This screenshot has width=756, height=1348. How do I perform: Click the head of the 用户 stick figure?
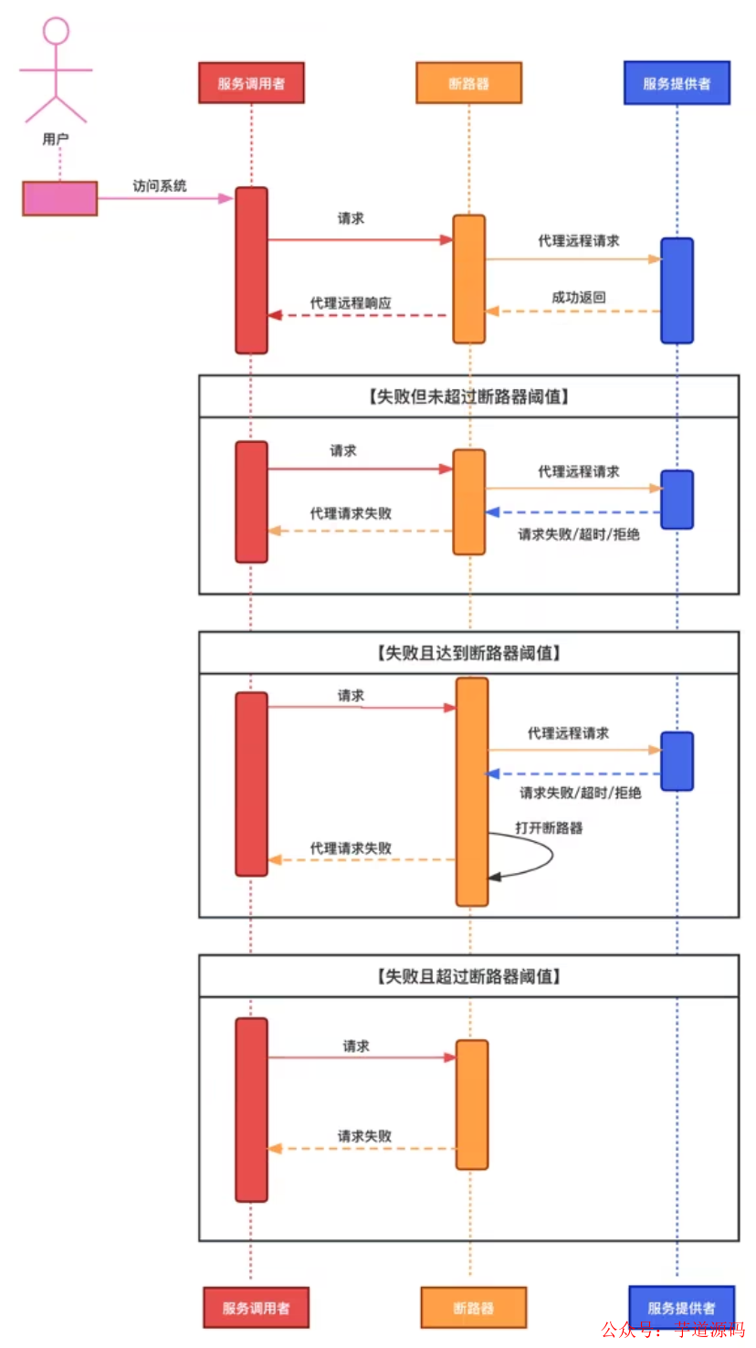[56, 31]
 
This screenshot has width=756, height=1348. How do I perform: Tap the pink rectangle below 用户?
[60, 198]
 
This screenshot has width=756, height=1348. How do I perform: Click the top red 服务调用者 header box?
[251, 83]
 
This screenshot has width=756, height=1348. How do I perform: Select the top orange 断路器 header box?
[468, 83]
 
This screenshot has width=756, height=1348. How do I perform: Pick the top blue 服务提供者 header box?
[677, 83]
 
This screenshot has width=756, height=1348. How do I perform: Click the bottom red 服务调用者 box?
[256, 1308]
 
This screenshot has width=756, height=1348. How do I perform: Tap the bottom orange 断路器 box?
[473, 1308]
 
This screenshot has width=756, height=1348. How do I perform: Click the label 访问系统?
[160, 185]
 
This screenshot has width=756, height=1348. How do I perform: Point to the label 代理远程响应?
[351, 302]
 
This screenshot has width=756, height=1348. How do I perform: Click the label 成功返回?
[579, 297]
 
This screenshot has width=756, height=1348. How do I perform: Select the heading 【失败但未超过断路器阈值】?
[468, 396]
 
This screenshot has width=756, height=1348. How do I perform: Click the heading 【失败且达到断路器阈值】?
[468, 653]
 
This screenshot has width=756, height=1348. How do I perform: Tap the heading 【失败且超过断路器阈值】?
[468, 976]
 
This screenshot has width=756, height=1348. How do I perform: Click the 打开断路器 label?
[549, 827]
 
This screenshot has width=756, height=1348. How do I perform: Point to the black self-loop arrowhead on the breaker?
[495, 877]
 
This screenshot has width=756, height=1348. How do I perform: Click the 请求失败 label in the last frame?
[364, 1136]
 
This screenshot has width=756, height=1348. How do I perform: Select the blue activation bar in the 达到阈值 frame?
[677, 761]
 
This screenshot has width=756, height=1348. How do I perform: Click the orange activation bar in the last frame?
[472, 1104]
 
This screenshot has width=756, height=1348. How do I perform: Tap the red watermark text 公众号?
[630, 1329]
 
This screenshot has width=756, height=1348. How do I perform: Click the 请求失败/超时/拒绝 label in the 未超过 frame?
[579, 534]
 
